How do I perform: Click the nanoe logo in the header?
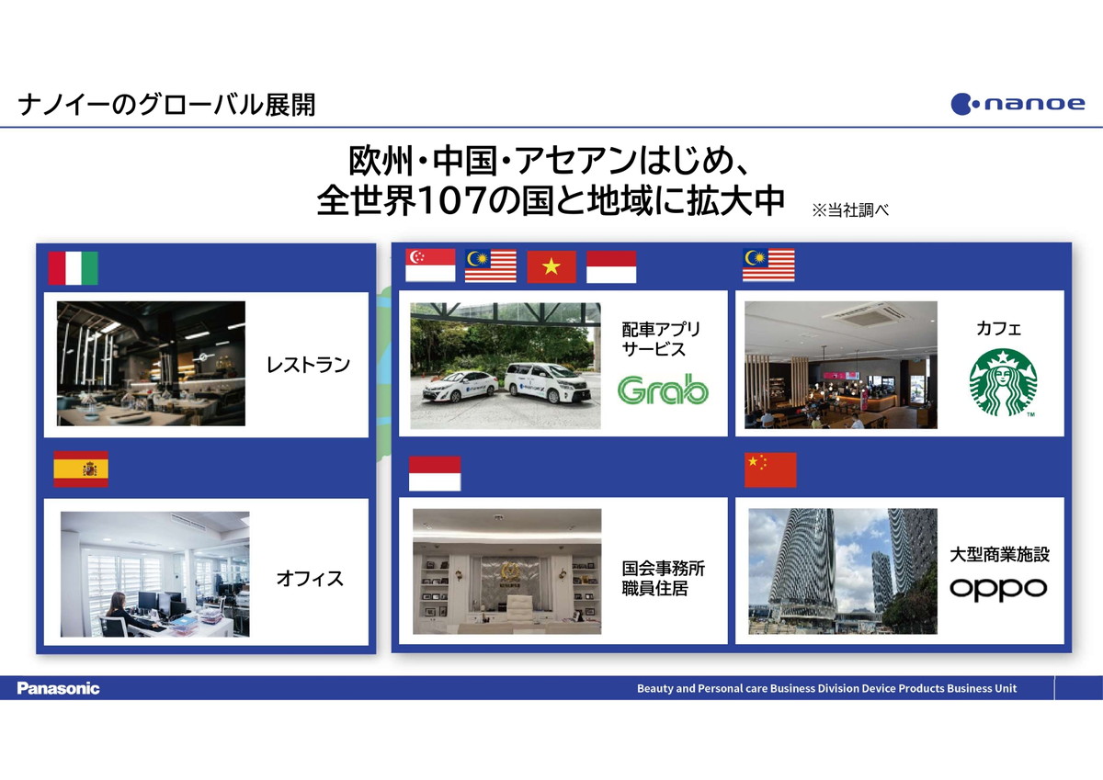[x=1018, y=104]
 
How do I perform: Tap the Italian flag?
[x=73, y=268]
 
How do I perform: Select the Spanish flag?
[x=81, y=469]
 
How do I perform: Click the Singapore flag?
[x=430, y=265]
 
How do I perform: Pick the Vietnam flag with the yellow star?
[x=551, y=266]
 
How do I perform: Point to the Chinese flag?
[x=770, y=470]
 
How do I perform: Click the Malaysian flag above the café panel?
[x=768, y=266]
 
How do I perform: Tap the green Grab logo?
[x=663, y=390]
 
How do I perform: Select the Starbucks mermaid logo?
[x=1003, y=382]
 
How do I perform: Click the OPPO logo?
[x=998, y=589]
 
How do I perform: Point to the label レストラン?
[x=308, y=365]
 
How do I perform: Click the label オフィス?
[x=310, y=579]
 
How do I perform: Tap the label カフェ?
[x=998, y=328]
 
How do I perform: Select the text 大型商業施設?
[x=1000, y=555]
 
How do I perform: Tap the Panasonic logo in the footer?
[x=58, y=688]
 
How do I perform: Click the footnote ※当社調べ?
[x=850, y=210]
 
